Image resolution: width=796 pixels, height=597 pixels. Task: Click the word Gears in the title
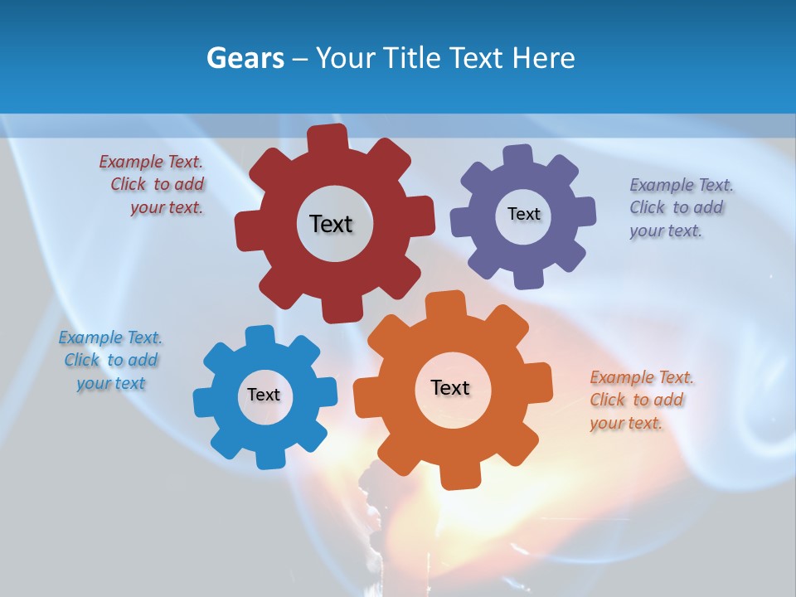245,58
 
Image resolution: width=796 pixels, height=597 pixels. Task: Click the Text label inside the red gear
331,224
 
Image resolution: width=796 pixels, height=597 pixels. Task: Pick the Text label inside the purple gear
523,214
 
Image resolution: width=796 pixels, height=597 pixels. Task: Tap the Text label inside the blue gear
264,395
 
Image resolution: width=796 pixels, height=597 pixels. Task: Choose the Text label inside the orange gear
450,388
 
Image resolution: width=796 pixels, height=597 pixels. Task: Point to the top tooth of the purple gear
518,157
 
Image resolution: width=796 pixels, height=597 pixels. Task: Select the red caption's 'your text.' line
166,208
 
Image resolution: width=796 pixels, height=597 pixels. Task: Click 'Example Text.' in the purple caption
682,184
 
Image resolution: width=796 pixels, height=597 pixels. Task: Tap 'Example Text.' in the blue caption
110,337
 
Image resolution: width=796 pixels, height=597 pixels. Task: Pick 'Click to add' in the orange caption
637,400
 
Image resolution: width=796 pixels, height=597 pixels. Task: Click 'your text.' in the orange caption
626,423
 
